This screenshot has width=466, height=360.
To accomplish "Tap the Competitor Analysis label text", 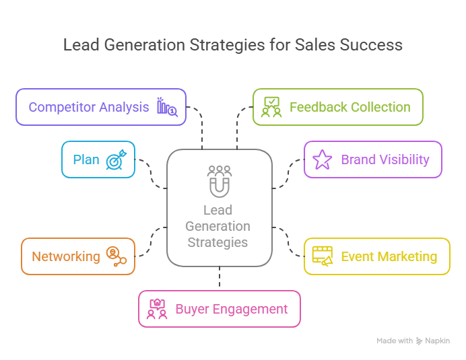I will point(89,107).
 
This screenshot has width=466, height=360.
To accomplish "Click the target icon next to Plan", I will point(116,160).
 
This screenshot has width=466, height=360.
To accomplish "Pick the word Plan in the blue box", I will point(86,160).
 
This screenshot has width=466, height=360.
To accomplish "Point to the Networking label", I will point(66,256).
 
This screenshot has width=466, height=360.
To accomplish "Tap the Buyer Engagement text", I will point(232,310).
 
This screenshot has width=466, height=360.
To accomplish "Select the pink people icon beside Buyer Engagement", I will point(157,310).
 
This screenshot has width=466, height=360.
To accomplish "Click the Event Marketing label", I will point(389,256).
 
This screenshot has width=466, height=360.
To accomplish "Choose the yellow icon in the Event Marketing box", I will point(323,256).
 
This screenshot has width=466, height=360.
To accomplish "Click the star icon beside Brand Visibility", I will point(323,160).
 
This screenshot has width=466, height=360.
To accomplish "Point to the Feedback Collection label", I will point(349,107).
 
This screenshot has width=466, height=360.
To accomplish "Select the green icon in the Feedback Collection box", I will point(271,107).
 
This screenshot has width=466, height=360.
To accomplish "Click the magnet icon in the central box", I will point(219,182).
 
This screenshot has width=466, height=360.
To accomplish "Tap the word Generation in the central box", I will point(218,226).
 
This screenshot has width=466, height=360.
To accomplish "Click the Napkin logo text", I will point(438,341).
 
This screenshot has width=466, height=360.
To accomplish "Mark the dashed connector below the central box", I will point(220,277).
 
